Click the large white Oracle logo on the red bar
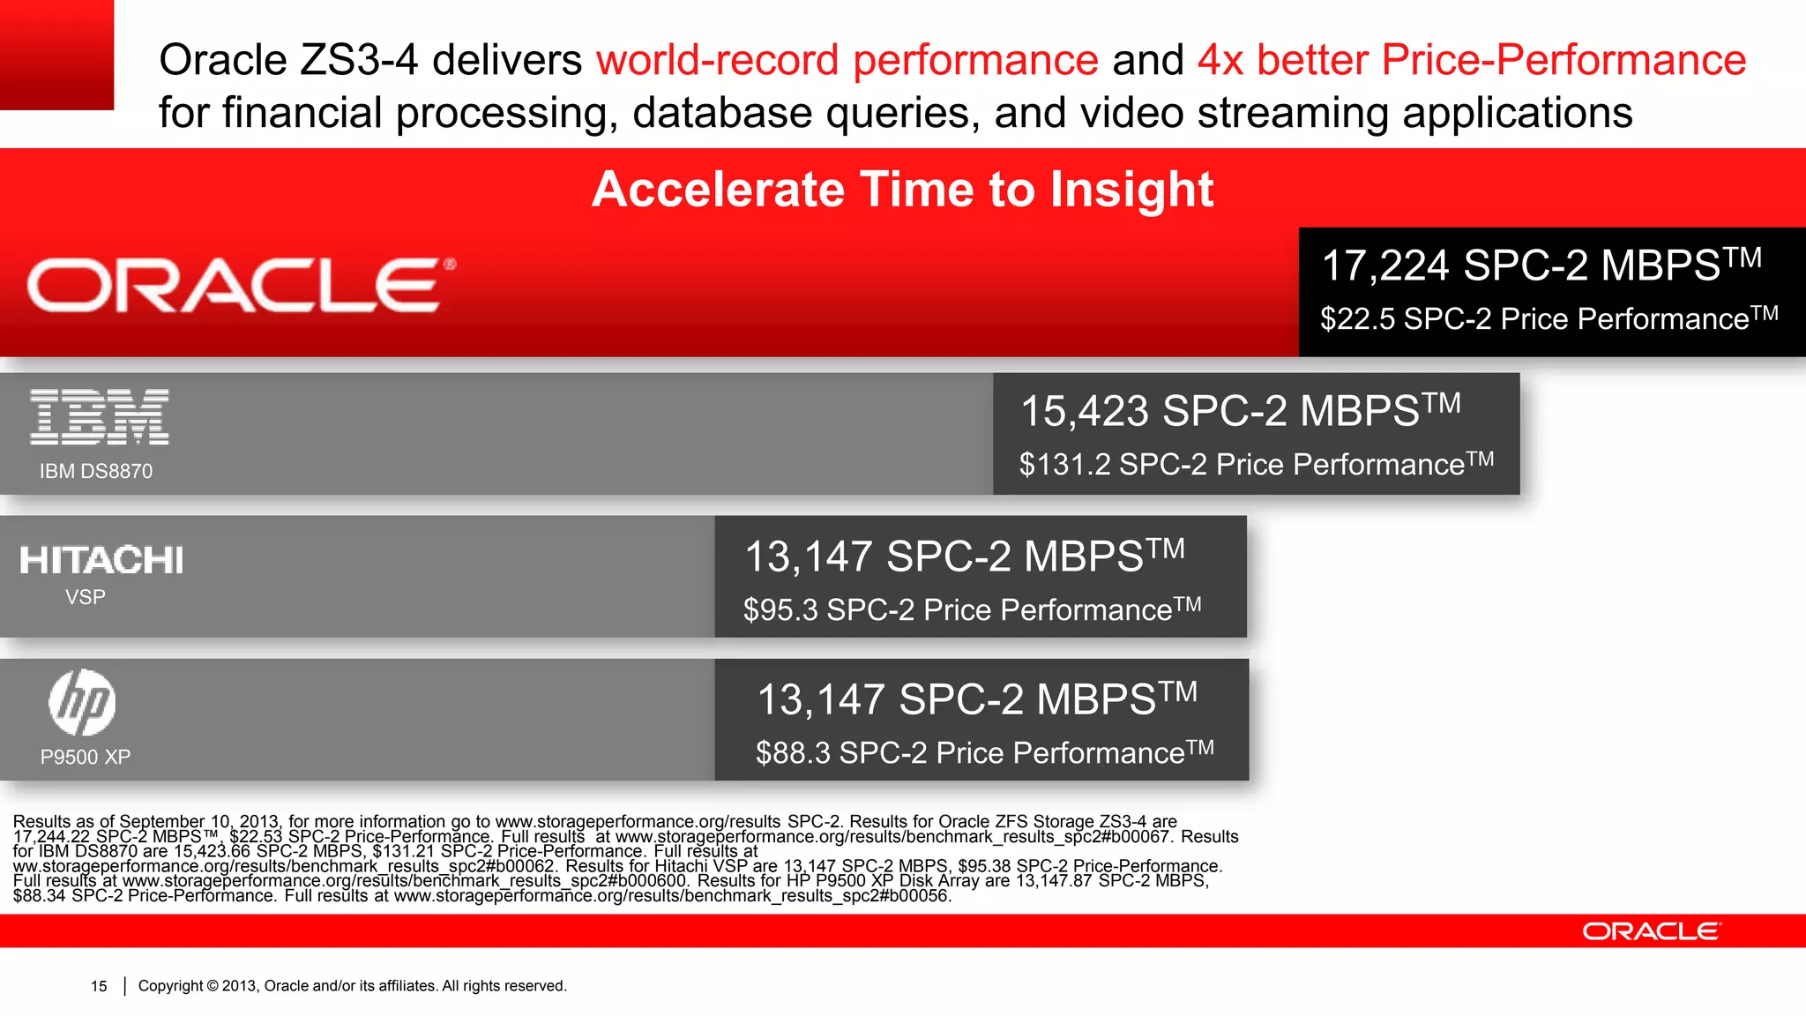pos(240,285)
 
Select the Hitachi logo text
pos(101,560)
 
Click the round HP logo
pos(82,703)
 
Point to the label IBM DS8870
pos(95,471)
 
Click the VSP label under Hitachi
pos(86,597)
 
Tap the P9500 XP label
pos(86,757)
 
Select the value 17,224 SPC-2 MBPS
pos(1541,265)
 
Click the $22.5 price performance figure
pos(1548,318)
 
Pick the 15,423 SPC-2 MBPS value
pos(1239,410)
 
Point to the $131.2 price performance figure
pos(1256,464)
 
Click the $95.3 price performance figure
pos(971,609)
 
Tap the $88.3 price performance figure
pos(984,752)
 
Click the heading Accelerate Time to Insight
pos(902,190)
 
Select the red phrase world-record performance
pos(847,60)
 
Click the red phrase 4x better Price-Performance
pos(1471,60)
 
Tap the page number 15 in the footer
pos(99,986)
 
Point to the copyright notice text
pos(352,986)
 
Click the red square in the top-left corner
pos(56,54)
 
